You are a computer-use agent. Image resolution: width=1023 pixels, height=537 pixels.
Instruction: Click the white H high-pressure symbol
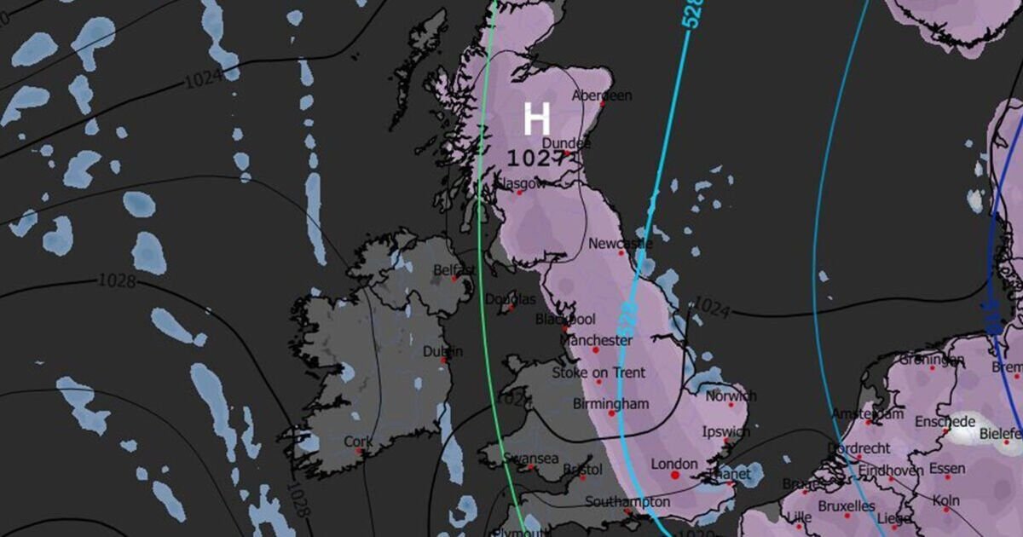pos(536,119)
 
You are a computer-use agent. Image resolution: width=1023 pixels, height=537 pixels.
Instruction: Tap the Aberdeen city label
pos(602,95)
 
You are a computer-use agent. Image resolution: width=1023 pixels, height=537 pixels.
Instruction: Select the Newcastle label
pos(620,244)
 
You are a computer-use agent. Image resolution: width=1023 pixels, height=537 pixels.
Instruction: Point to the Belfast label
pos(454,270)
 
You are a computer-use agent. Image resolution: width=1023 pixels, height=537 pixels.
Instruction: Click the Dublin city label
pos(442,351)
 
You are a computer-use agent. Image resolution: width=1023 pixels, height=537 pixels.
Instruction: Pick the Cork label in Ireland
pos(358,442)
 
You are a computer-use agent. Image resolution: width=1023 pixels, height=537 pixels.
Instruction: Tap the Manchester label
pos(596,340)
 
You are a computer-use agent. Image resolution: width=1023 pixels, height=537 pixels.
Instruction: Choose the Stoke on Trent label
pos(598,372)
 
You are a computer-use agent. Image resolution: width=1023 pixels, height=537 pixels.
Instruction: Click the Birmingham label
pos(610,403)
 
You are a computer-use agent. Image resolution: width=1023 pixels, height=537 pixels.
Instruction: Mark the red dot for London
pos(674,476)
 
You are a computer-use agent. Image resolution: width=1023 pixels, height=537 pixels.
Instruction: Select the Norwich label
pos(731,396)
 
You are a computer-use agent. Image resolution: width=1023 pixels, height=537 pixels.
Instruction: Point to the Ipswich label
pos(725,432)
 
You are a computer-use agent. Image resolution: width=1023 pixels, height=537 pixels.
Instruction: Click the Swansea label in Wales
pos(530,458)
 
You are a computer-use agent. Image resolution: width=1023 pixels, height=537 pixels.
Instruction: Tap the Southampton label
pos(627,501)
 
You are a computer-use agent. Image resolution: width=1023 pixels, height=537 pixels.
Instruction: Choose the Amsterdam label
pos(867,414)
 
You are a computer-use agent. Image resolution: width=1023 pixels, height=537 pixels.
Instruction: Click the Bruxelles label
pos(846,506)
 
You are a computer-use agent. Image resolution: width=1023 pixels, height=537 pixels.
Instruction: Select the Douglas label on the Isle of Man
pos(510,299)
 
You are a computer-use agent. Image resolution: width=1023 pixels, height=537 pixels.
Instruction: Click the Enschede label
pos(945,422)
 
